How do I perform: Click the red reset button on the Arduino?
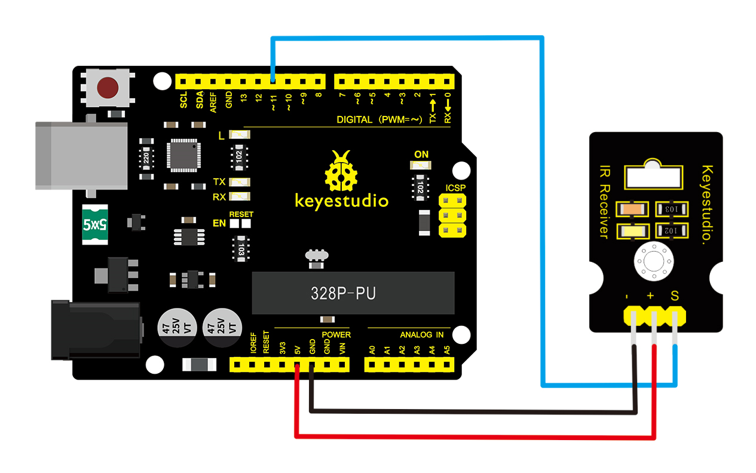(108, 87)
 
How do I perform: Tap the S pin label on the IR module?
(675, 295)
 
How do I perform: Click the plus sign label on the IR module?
(650, 296)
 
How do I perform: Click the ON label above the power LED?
(421, 154)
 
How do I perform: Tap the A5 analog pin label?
(447, 350)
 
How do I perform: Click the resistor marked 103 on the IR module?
(671, 209)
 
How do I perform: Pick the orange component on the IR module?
(633, 209)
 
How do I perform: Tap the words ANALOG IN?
(421, 335)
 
